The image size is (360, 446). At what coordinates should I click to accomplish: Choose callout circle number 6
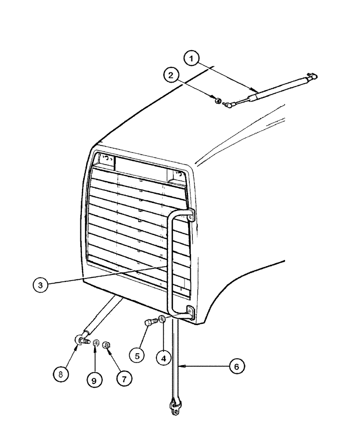237,366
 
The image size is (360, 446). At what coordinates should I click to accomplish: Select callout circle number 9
94,380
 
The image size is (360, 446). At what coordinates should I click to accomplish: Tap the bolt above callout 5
150,322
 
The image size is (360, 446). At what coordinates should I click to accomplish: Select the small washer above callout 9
95,343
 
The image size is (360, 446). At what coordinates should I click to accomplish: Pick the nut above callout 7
107,344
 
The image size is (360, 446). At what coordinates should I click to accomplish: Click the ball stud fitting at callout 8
80,339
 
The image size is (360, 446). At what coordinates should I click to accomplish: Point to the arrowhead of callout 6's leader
183,366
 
